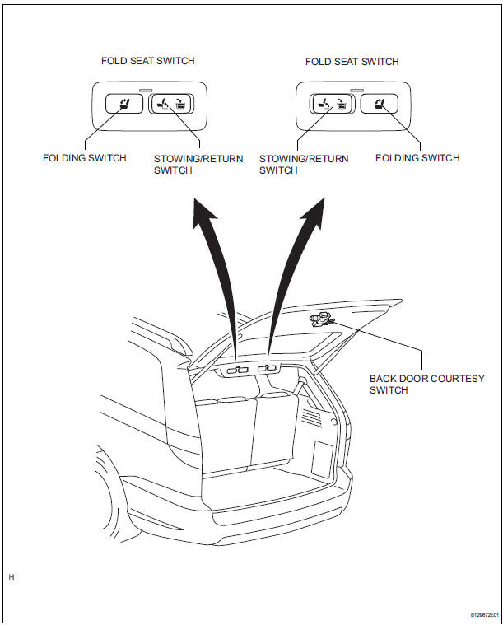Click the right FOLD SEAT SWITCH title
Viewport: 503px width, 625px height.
[352, 62]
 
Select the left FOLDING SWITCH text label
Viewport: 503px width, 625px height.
[85, 158]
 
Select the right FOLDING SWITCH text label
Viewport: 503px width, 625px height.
[417, 158]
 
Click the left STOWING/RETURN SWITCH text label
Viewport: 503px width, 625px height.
[198, 165]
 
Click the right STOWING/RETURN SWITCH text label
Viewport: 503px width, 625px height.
[304, 165]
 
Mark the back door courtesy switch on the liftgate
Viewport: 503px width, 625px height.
[320, 319]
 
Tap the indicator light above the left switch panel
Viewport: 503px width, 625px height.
[147, 89]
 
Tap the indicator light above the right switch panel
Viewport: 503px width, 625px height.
[356, 89]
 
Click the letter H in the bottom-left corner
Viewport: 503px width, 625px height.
[12, 577]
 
